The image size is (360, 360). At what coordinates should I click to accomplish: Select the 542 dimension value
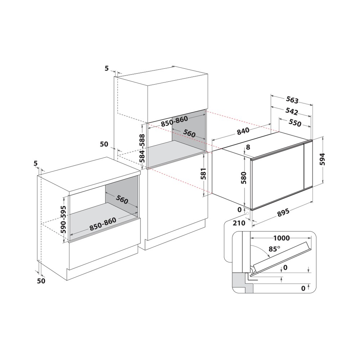click(x=291, y=111)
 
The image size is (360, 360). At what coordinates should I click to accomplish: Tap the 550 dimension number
click(x=295, y=123)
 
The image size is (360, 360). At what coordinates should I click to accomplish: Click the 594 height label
click(x=322, y=159)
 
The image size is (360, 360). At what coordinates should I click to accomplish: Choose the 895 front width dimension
click(x=283, y=212)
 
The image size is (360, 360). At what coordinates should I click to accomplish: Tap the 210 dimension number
click(x=239, y=223)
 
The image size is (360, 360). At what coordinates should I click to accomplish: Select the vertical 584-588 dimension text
click(x=142, y=148)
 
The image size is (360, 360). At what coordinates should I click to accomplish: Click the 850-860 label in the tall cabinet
click(x=174, y=121)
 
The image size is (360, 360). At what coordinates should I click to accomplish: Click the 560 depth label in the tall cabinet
click(x=189, y=133)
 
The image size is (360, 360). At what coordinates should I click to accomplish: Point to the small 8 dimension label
click(x=248, y=147)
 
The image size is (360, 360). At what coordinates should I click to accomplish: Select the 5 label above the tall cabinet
click(x=107, y=68)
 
